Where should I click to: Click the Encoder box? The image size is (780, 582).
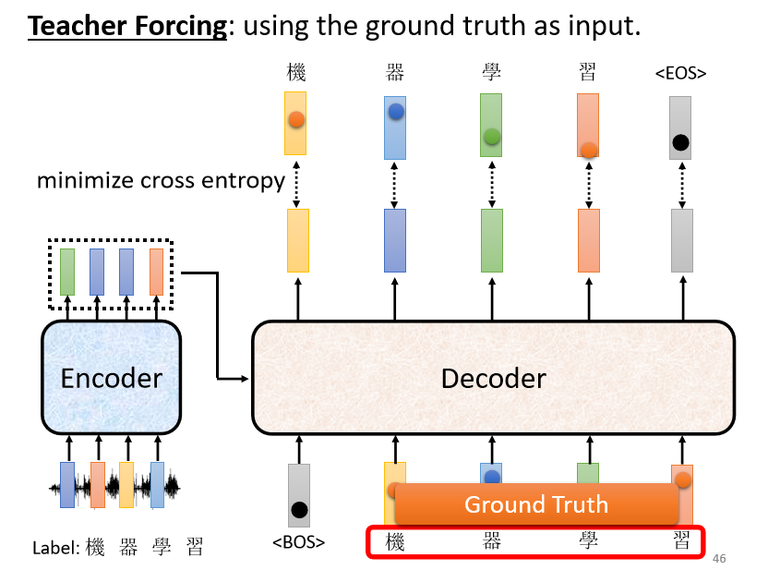tap(112, 378)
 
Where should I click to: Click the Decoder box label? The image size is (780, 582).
tap(494, 379)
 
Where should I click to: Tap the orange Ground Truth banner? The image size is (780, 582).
tap(536, 503)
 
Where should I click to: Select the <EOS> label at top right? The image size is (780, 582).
tap(680, 73)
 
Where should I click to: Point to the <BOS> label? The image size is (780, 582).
tap(298, 541)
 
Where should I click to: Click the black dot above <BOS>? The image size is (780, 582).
tap(299, 510)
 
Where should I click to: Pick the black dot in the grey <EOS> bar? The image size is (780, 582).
tap(680, 142)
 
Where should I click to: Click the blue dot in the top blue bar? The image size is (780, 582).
tap(396, 111)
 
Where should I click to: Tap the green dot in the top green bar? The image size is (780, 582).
tap(491, 136)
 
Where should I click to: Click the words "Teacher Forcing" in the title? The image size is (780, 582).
tap(127, 26)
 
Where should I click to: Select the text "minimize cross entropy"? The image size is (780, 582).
tap(162, 180)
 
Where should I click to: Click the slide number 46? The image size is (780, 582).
tap(719, 558)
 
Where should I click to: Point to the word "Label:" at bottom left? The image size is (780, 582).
tap(56, 548)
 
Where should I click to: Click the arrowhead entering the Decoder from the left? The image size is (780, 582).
tap(245, 379)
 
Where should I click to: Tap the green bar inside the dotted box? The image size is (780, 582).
tap(67, 272)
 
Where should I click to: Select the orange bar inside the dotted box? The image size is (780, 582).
tap(156, 272)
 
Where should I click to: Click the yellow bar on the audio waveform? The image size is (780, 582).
tap(126, 484)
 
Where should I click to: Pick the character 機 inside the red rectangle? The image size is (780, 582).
tap(395, 541)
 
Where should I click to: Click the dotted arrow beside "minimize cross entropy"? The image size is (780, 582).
tap(296, 184)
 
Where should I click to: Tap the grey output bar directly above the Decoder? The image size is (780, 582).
tap(682, 240)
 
